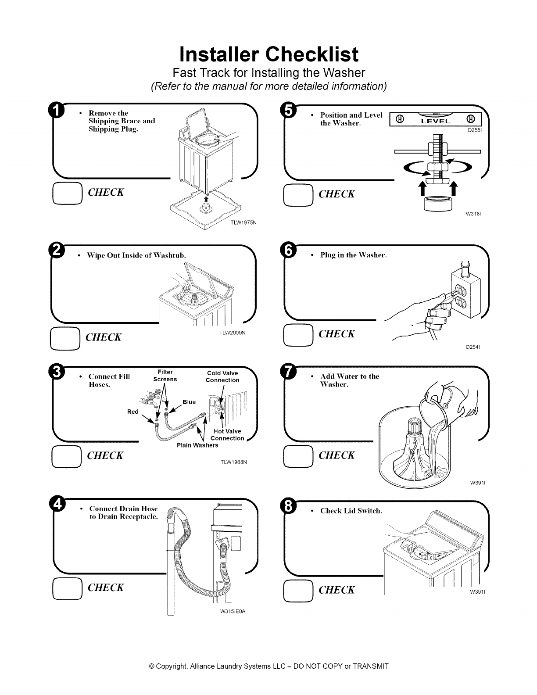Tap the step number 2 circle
point(57,250)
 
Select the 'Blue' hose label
point(189,402)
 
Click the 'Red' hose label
point(133,412)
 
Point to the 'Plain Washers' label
point(197,445)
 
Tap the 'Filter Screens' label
point(165,376)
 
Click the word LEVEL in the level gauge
point(435,121)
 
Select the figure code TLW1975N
point(243,222)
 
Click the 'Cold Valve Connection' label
point(222,377)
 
